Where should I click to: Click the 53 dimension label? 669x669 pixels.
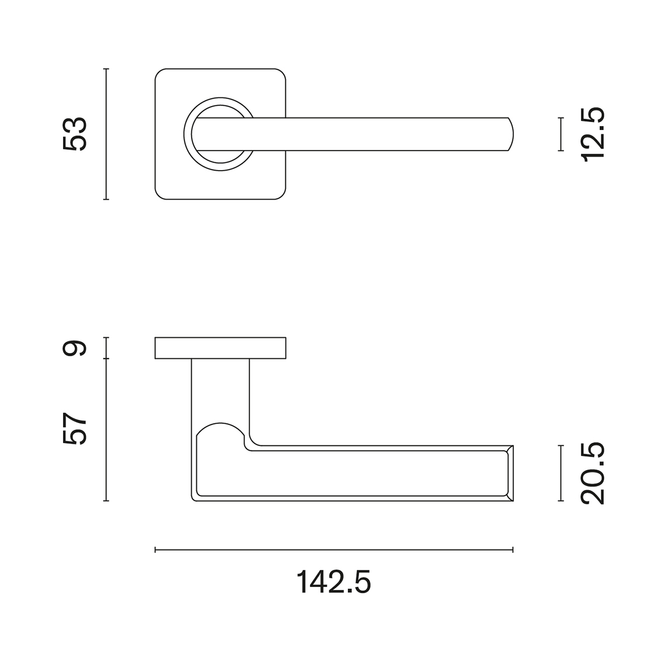[75, 134]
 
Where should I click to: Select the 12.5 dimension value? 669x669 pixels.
[593, 134]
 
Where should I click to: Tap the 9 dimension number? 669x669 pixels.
[75, 348]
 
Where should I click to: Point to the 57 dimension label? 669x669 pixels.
[75, 428]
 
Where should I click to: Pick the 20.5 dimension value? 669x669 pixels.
[593, 473]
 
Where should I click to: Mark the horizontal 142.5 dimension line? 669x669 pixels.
[333, 550]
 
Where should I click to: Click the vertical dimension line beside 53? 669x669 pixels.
[106, 134]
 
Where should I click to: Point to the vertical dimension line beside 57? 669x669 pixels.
[106, 429]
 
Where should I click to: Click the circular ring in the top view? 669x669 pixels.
[188, 134]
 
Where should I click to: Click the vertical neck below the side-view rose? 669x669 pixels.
[220, 390]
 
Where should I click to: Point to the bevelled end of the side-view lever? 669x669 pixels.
[509, 473]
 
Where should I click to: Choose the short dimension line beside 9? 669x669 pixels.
[106, 348]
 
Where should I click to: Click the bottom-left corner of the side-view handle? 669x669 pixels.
[195, 497]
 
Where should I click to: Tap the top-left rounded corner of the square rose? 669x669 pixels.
[159, 74]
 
